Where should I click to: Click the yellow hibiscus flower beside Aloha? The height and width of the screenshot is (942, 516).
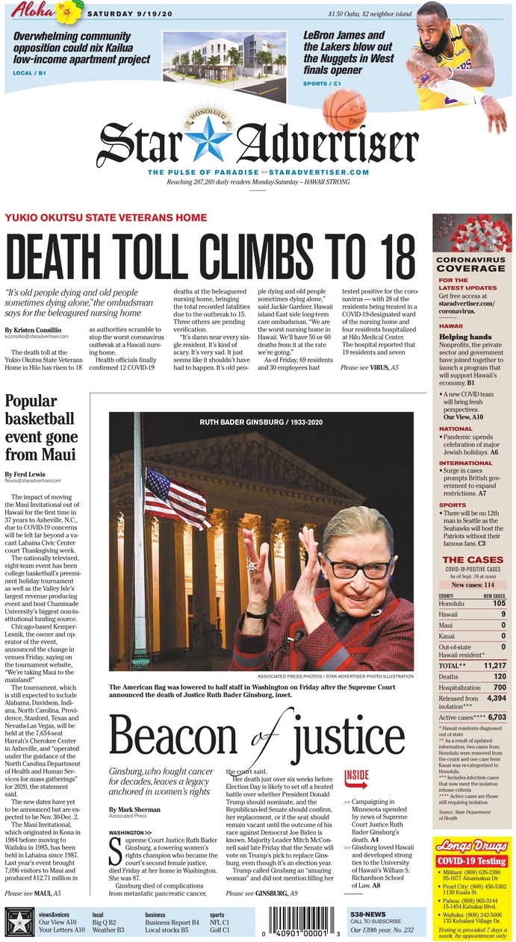point(72,10)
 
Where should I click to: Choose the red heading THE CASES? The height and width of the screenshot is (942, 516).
point(472,559)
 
